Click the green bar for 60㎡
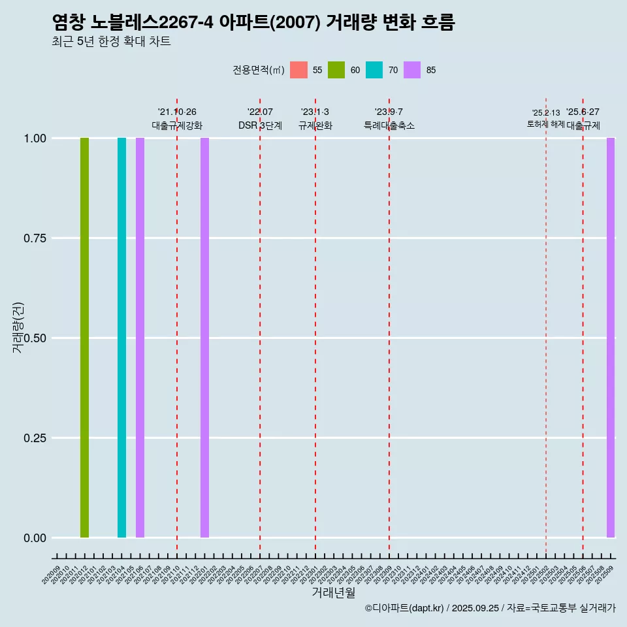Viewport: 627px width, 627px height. (84, 338)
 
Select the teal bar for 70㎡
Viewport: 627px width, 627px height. (121, 338)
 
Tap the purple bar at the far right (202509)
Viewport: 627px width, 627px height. (611, 338)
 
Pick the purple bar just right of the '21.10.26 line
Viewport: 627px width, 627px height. (204, 338)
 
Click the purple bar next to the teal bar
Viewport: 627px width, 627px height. (140, 338)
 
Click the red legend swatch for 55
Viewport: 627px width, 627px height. (298, 70)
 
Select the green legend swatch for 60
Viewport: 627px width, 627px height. (336, 70)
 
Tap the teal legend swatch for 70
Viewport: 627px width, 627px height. (374, 70)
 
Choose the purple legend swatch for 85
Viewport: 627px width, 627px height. (412, 70)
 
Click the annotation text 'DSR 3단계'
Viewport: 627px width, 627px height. (260, 125)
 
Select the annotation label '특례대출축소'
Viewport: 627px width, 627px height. (389, 125)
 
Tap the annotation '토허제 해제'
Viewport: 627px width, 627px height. (545, 124)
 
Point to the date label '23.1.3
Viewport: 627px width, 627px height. (315, 112)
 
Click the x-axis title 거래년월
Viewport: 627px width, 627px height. (333, 593)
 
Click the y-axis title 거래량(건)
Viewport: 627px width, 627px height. (18, 327)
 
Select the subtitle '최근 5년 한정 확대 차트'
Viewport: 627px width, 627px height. (111, 42)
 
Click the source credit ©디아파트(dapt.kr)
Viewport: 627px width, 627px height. (405, 608)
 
